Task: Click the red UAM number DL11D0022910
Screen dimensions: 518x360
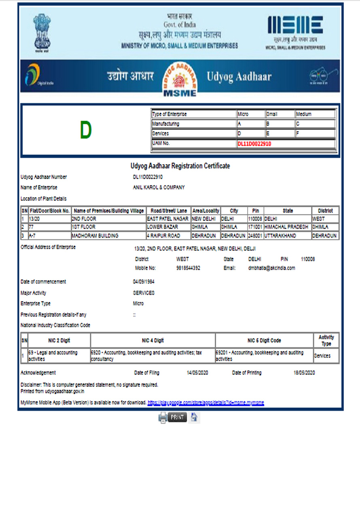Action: coord(254,143)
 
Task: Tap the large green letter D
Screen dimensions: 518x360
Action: coord(85,130)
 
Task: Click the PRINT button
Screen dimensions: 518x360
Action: coord(177,417)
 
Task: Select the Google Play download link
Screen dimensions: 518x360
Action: coord(205,403)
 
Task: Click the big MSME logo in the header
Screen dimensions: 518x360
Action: coord(295,26)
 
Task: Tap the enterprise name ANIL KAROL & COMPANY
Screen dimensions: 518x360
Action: coord(159,187)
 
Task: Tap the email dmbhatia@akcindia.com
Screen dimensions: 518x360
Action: coord(271,268)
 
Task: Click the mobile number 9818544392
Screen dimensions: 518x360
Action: coord(188,268)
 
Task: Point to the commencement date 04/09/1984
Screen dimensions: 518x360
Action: coord(144,282)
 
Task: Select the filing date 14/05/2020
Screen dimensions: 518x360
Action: coord(197,373)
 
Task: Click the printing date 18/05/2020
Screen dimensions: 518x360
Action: coord(304,373)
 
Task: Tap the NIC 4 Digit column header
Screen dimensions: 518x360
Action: coord(153,340)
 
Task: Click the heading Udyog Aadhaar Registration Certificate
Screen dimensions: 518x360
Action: coord(180,166)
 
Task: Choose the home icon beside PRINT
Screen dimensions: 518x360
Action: coord(194,417)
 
